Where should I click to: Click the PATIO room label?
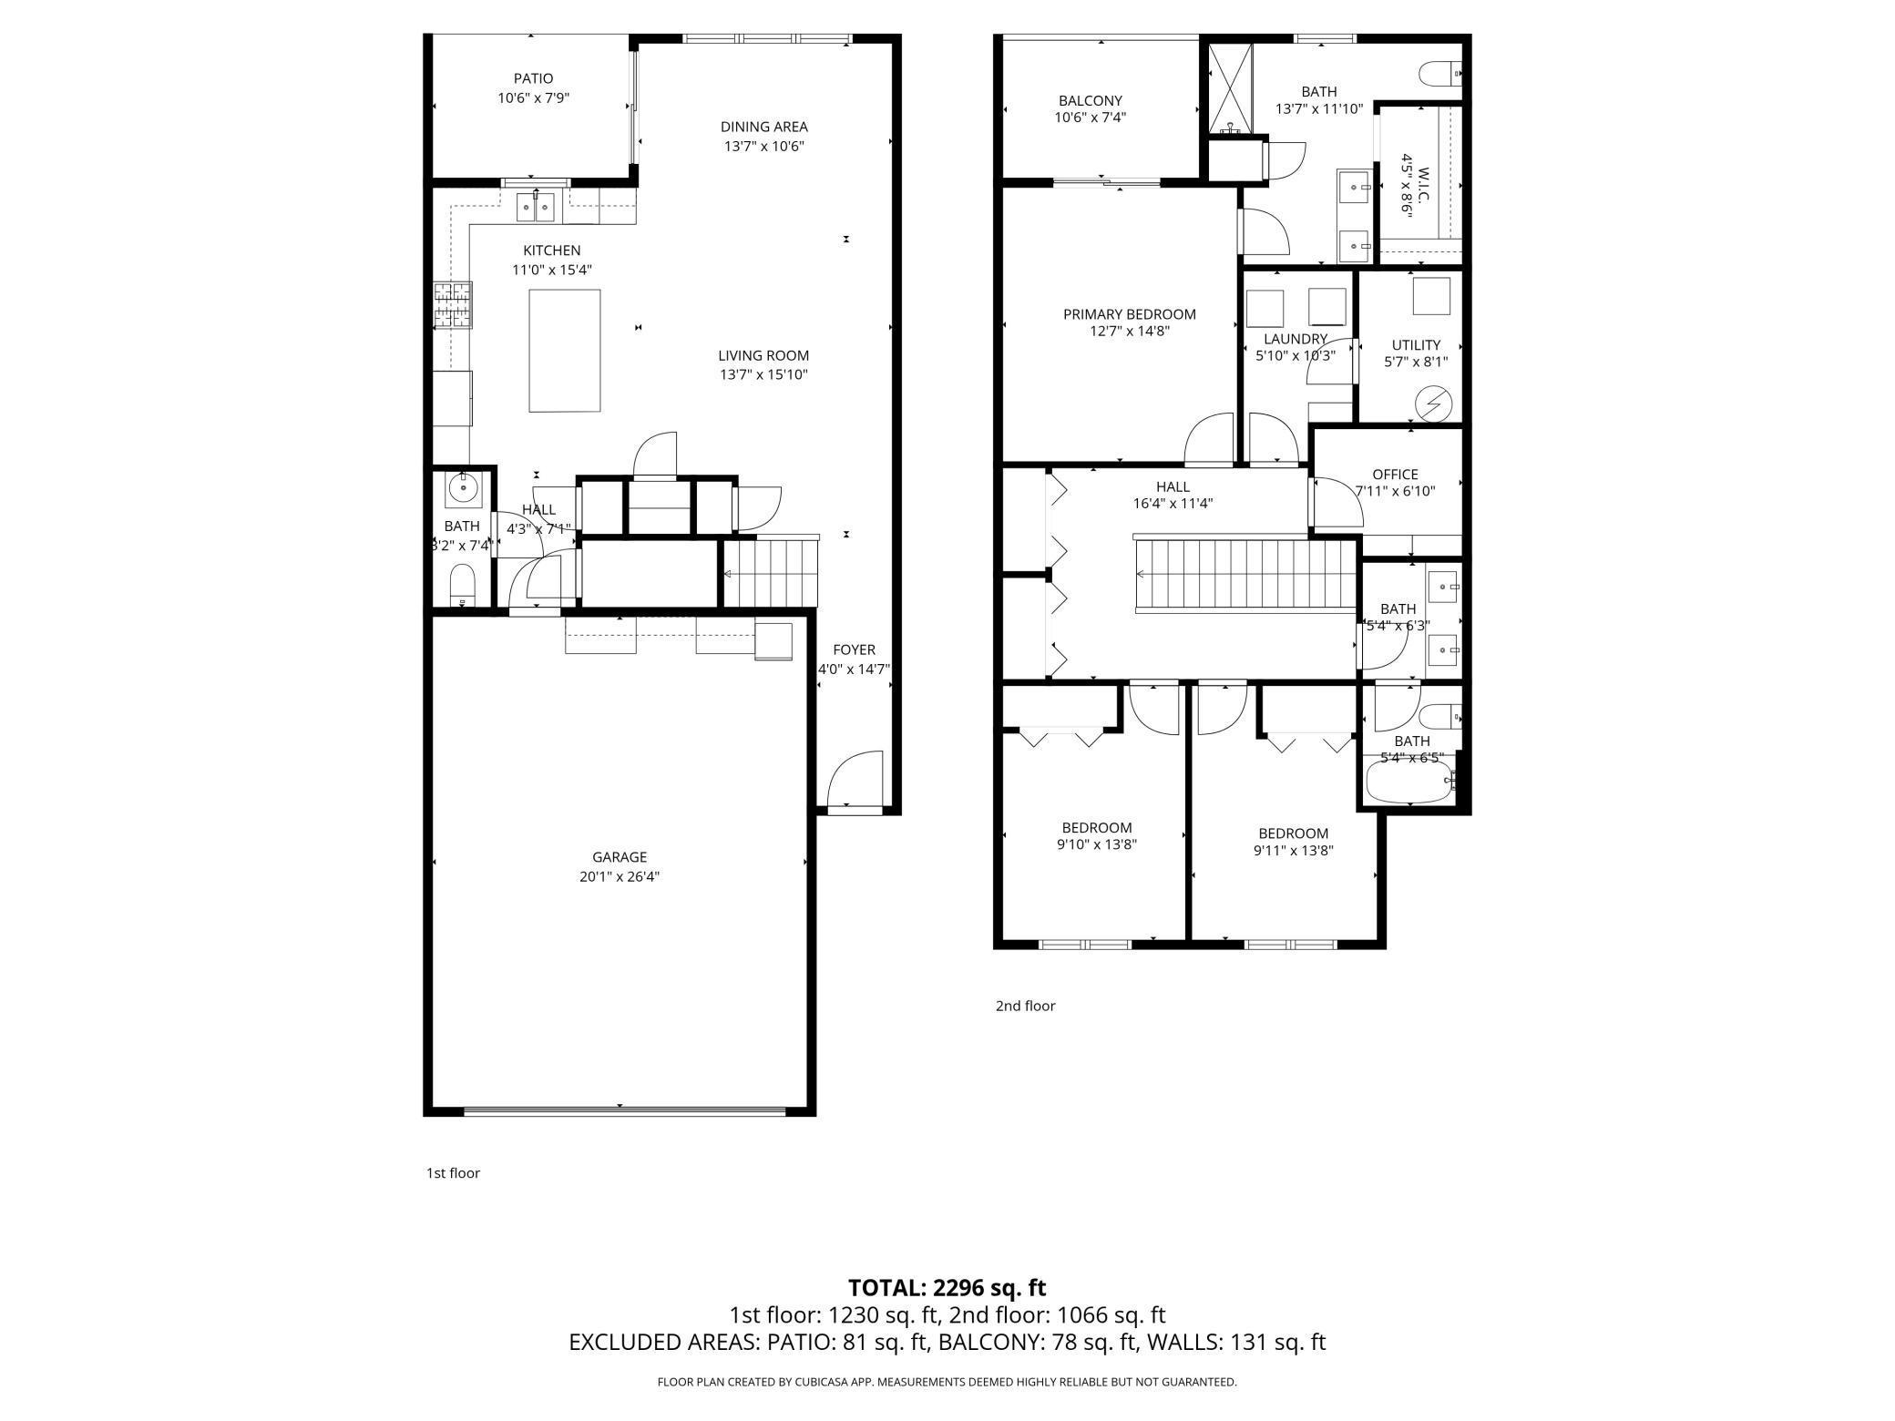click(533, 79)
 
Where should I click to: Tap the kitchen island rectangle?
click(565, 351)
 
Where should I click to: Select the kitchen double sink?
click(537, 207)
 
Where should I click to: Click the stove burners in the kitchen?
click(453, 305)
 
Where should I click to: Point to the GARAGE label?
click(620, 857)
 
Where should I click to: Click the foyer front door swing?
click(855, 779)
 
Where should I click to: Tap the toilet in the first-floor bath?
click(463, 585)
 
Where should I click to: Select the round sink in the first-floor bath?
click(463, 488)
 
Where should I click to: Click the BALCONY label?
click(1091, 101)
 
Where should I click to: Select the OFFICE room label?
click(1396, 475)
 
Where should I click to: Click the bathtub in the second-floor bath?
click(1409, 782)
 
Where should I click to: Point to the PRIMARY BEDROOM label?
click(1130, 314)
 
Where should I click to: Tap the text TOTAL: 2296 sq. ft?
click(947, 1288)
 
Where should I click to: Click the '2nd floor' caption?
click(1025, 1006)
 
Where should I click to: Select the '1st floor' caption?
click(453, 1173)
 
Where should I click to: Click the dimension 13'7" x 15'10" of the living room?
click(763, 374)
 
